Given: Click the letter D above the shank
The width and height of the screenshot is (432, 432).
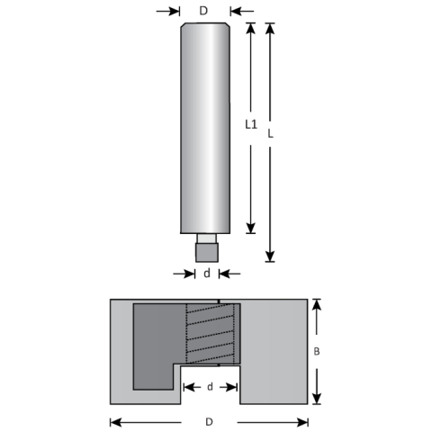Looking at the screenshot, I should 204,11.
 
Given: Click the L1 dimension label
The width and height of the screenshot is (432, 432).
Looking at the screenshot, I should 254,124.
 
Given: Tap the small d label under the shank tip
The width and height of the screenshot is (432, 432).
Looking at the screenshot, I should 206,273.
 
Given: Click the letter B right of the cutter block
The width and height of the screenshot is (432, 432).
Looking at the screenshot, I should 316,353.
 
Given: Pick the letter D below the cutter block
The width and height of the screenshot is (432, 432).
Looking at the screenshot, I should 209,421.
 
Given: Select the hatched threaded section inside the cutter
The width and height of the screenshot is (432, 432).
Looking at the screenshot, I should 212,337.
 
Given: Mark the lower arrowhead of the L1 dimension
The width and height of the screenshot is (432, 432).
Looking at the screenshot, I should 253,228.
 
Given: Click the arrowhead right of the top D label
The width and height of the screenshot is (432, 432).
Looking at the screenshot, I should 236,11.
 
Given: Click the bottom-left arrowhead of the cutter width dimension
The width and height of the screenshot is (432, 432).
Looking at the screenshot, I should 113,421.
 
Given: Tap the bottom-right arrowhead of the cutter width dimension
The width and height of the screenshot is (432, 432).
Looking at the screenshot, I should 305,421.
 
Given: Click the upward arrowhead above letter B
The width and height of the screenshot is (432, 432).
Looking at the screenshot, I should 316,306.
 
